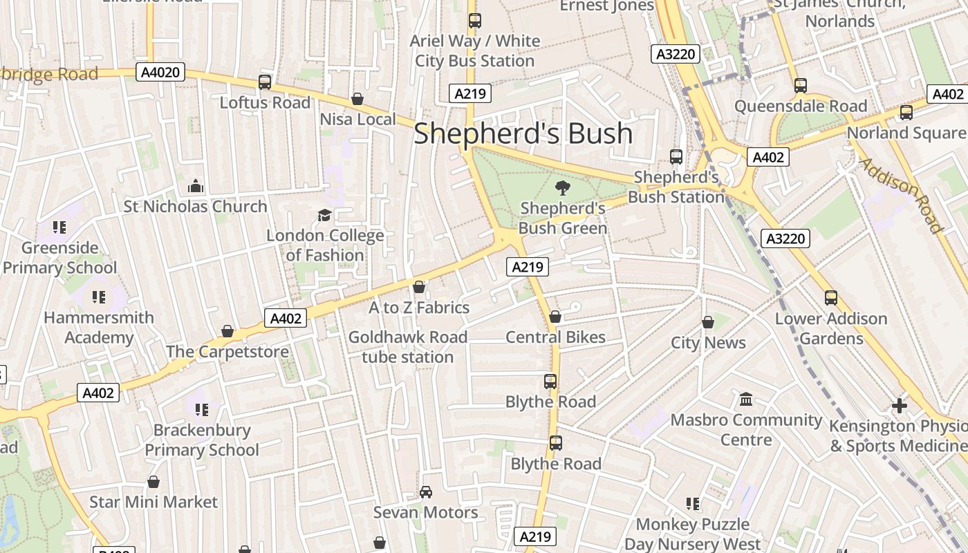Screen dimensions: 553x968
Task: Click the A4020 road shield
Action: (x=160, y=72)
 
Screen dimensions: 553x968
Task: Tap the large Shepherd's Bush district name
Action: (x=523, y=133)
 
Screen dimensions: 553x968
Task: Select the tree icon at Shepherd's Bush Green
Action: (x=563, y=187)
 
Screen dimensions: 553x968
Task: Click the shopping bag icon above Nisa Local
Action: (x=357, y=99)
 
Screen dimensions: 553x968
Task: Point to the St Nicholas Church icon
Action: (x=196, y=186)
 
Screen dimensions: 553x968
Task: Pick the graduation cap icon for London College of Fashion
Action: (x=324, y=215)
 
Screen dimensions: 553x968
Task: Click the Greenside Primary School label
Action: (x=59, y=257)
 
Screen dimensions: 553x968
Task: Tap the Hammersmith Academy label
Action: (x=99, y=328)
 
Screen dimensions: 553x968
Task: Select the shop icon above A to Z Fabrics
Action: (x=419, y=287)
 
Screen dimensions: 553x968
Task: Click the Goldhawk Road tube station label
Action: (x=408, y=347)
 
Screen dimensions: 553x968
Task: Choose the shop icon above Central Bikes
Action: (x=555, y=317)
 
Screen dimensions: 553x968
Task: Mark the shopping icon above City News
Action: (x=708, y=322)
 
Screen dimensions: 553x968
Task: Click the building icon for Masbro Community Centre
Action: (x=746, y=399)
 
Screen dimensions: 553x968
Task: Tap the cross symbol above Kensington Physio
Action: (x=899, y=405)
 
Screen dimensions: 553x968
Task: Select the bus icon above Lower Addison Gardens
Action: (x=831, y=298)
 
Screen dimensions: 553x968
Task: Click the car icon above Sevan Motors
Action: (x=426, y=492)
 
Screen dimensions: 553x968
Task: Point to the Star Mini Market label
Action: (x=153, y=502)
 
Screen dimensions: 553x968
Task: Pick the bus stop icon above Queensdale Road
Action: (x=801, y=86)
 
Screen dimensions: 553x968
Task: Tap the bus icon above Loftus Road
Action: (x=265, y=82)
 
